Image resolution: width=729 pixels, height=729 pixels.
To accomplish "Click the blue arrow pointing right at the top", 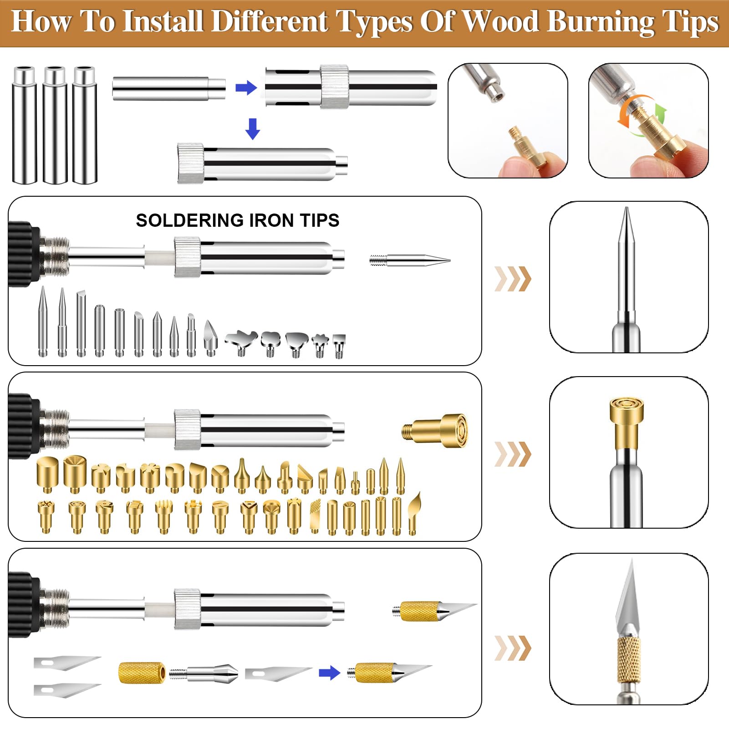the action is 246,87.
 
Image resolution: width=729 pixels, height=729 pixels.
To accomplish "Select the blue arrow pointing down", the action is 253,129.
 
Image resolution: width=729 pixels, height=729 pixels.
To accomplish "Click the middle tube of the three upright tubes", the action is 55,125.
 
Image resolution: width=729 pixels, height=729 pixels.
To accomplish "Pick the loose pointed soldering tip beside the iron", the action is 410,261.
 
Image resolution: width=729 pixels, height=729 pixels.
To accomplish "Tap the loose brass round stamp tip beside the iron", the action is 435,430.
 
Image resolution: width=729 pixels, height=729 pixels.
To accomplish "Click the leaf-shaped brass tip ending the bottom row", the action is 414,513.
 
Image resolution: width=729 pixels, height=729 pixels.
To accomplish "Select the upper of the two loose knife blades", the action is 67,663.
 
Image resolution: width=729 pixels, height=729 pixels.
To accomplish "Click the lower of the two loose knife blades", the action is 67,690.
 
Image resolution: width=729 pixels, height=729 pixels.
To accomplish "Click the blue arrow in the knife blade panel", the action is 330,673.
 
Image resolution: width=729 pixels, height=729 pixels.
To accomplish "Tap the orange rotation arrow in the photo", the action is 629,109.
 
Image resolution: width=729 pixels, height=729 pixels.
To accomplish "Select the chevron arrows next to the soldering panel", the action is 513,279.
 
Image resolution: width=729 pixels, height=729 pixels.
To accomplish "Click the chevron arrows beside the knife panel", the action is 513,648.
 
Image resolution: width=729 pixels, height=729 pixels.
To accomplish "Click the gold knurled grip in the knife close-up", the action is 629,660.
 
